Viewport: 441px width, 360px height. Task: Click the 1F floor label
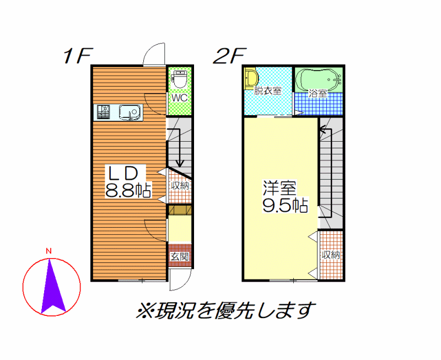click(78, 56)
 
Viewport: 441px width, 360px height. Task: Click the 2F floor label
click(229, 56)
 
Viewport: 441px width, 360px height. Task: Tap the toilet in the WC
click(180, 79)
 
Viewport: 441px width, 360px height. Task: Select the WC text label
click(180, 98)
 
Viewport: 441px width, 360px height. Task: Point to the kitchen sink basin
click(130, 112)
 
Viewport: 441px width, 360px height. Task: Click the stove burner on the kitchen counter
click(104, 112)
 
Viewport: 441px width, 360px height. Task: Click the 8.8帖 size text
click(128, 190)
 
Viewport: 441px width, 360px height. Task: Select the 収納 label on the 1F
click(180, 186)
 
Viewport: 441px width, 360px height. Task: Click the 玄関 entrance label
click(180, 256)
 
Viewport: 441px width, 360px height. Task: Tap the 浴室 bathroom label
click(318, 94)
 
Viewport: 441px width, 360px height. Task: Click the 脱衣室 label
click(267, 90)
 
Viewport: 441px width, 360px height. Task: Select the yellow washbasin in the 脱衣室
click(251, 78)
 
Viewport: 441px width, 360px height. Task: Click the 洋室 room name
click(279, 188)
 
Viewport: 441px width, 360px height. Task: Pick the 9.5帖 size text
click(285, 205)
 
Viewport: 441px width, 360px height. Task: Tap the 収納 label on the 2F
click(331, 255)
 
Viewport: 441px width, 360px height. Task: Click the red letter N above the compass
click(49, 251)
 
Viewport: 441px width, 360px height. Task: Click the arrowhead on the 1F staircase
click(180, 163)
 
